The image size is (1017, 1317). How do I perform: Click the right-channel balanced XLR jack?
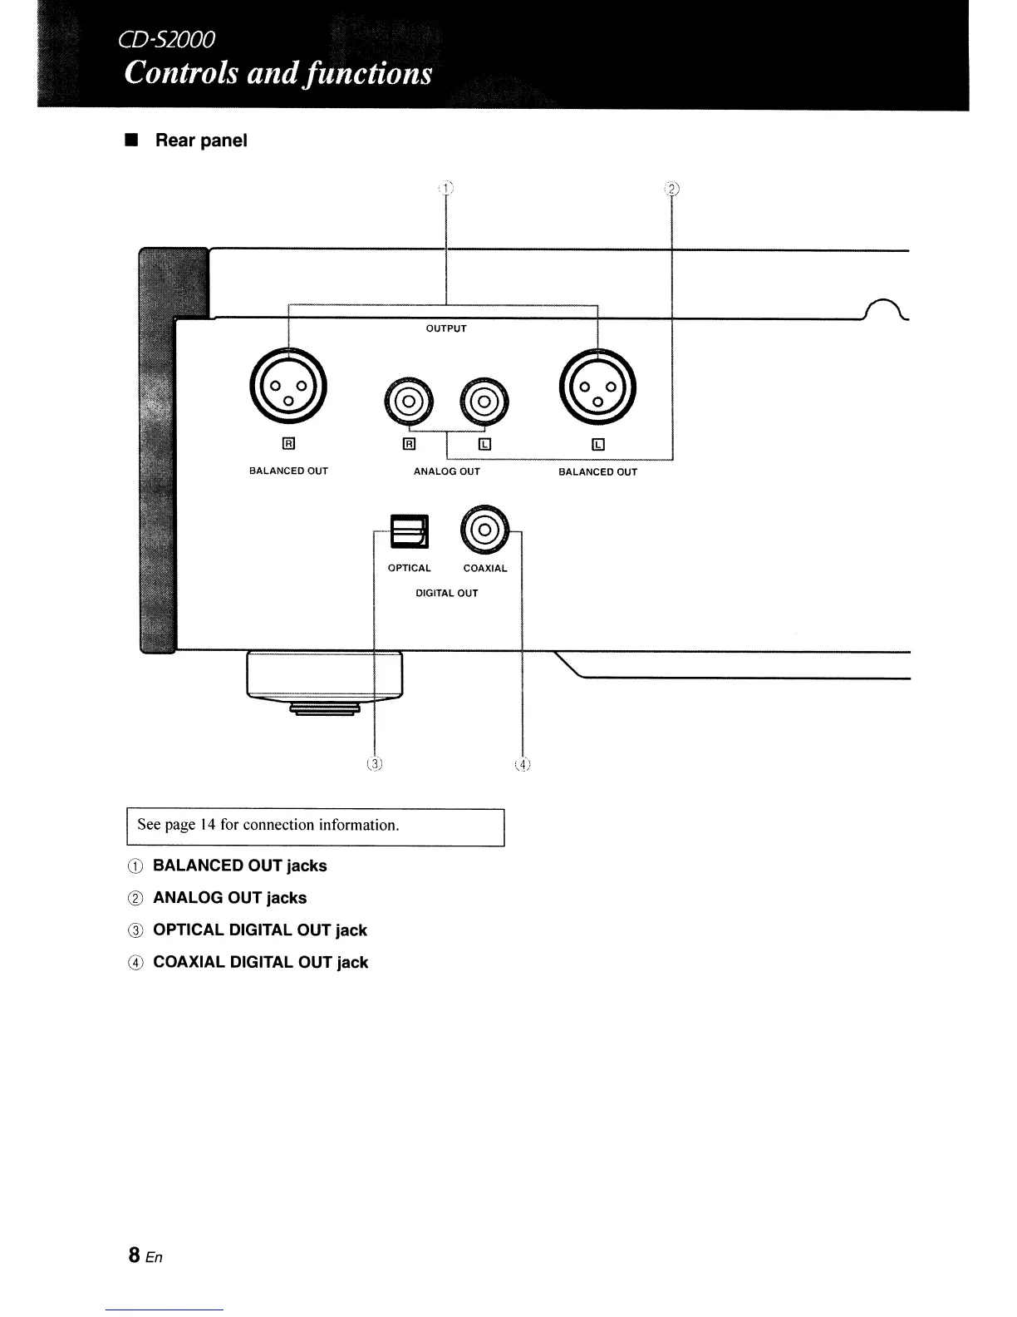click(x=288, y=385)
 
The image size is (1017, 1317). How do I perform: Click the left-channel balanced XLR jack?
click(x=597, y=385)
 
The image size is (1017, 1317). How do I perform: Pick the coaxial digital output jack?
click(x=486, y=530)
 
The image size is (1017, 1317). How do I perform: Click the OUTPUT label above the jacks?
click(x=446, y=328)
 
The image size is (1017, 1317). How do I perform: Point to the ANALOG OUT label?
click(x=447, y=471)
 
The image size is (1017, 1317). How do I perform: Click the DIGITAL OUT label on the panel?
click(x=447, y=594)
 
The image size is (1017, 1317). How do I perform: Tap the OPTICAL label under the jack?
click(x=410, y=569)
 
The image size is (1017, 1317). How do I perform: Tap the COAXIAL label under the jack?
click(x=485, y=569)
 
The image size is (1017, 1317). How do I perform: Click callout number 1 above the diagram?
click(x=446, y=188)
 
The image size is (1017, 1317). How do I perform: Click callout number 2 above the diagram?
click(x=671, y=188)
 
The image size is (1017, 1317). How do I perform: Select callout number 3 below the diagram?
click(x=376, y=764)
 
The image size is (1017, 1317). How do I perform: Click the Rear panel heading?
click(x=201, y=141)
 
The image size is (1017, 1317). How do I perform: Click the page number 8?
click(x=134, y=1255)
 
